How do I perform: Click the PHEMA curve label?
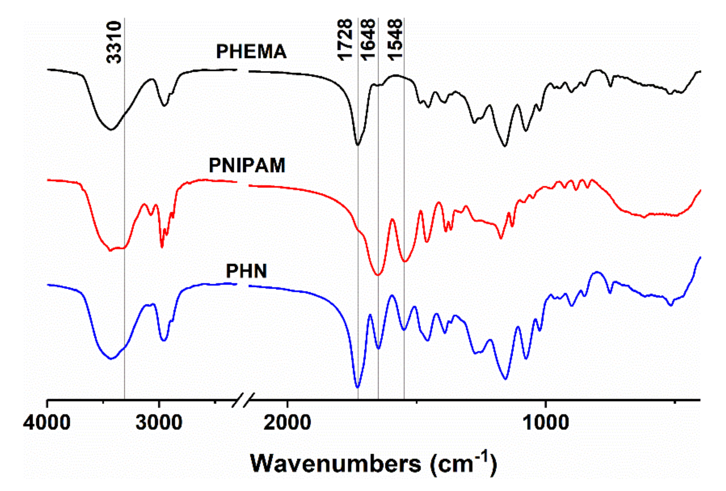point(251,52)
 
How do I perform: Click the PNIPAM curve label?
point(247,165)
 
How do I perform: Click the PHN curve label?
point(246,271)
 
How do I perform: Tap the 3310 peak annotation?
point(114,42)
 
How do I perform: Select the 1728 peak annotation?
point(345,40)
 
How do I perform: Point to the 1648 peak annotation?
point(368,40)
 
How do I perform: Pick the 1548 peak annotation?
point(395,40)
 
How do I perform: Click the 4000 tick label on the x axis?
point(47,422)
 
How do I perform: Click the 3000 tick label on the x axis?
point(159,422)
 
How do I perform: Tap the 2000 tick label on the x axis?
point(287,422)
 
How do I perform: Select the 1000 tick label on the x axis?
point(546,422)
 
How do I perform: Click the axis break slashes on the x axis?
point(243,400)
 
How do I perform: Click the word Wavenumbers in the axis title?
point(336,464)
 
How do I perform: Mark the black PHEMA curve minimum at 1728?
point(358,145)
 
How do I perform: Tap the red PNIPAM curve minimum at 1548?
point(404,261)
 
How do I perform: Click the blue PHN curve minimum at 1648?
point(378,348)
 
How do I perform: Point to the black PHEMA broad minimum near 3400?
point(111,129)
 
